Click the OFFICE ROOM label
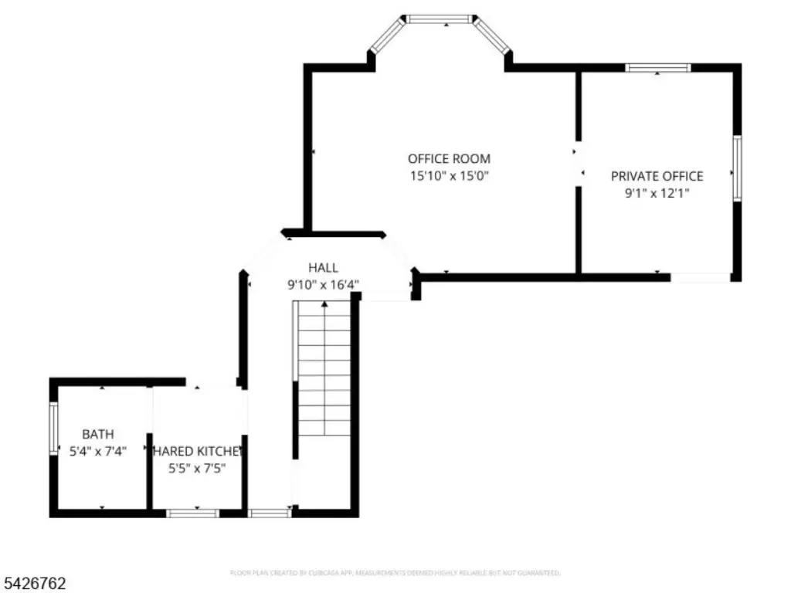[449, 159]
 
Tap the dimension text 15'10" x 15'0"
[449, 176]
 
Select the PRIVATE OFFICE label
[657, 176]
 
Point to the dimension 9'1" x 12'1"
[657, 193]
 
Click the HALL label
[323, 268]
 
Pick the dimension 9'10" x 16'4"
[323, 285]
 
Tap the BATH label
[98, 434]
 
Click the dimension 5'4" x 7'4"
[98, 450]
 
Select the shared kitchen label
[198, 451]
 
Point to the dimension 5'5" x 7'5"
[198, 467]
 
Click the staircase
[324, 371]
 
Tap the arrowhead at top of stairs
[324, 305]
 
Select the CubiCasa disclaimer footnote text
[395, 573]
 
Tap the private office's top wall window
[657, 68]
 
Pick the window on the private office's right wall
[737, 168]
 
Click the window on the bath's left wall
[53, 428]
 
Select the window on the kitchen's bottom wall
[193, 513]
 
